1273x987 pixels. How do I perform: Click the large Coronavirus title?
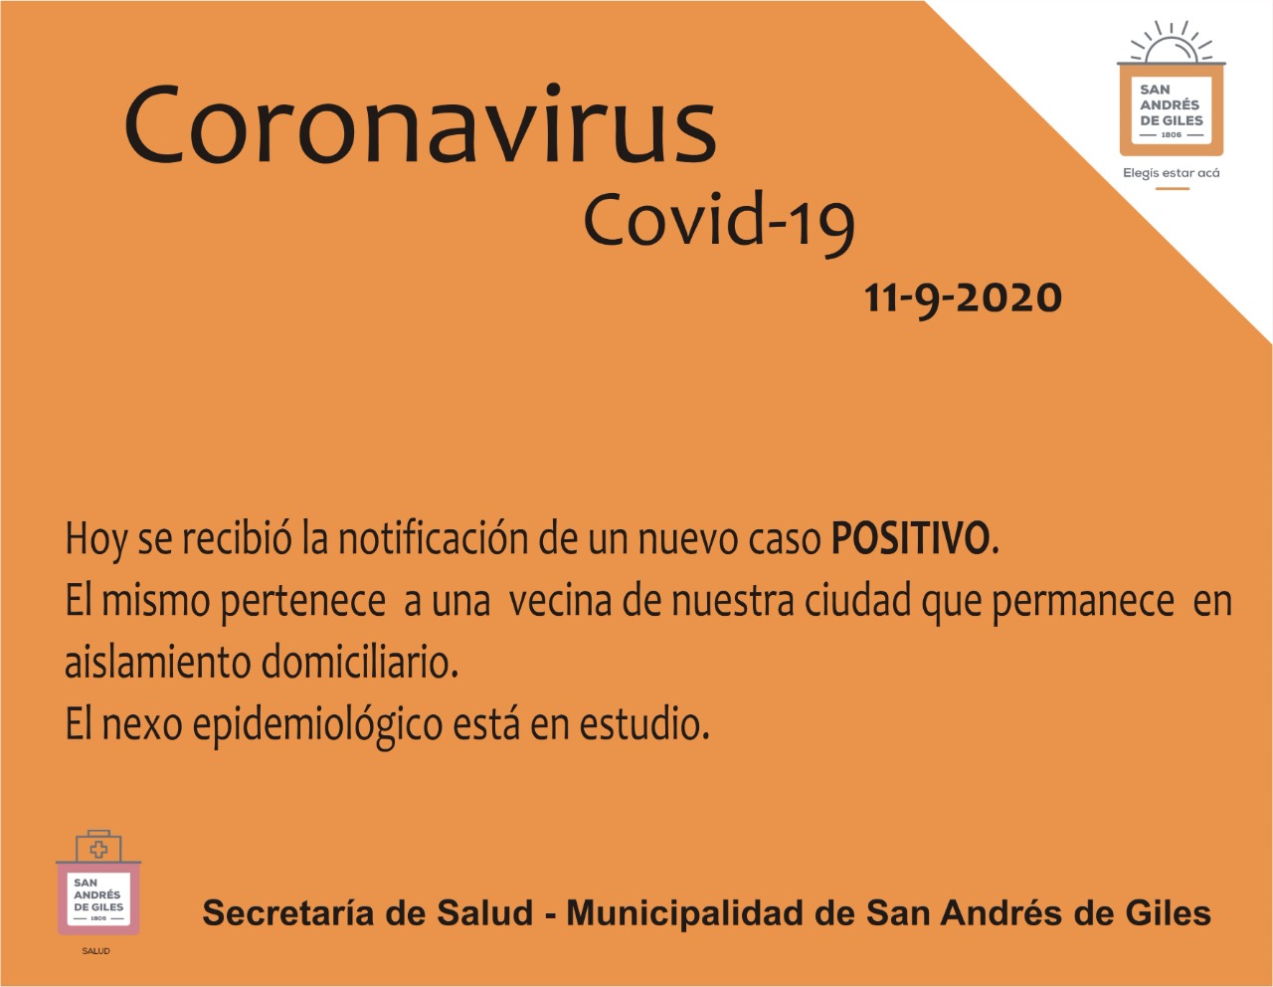pos(420,124)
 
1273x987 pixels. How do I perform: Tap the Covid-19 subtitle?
pos(719,223)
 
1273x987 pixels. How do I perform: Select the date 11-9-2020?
pos(963,298)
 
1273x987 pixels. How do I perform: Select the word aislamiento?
pos(157,663)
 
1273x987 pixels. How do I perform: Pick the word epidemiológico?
pos(317,726)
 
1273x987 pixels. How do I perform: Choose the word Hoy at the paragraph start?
pos(94,540)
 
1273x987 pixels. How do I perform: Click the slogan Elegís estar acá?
pos(1172,173)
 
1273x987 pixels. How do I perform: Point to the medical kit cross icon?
pos(98,849)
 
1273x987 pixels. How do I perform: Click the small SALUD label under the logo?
pos(96,950)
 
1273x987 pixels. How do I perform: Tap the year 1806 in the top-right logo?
pos(1172,135)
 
